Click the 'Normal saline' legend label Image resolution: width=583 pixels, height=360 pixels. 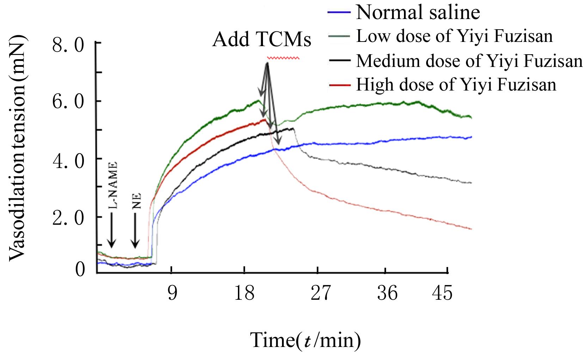pyautogui.click(x=418, y=12)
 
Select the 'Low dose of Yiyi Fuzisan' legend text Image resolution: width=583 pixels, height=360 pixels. pyautogui.click(x=454, y=36)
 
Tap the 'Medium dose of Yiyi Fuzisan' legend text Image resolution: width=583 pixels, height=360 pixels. pyautogui.click(x=469, y=61)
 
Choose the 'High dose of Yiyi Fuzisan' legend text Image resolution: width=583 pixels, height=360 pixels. pyautogui.click(x=456, y=85)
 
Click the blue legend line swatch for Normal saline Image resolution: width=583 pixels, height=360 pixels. pyautogui.click(x=339, y=12)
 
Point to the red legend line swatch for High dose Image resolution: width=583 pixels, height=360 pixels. pyautogui.click(x=339, y=85)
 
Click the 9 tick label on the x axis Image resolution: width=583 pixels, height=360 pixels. pyautogui.click(x=172, y=293)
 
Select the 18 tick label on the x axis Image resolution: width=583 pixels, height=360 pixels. pyautogui.click(x=245, y=293)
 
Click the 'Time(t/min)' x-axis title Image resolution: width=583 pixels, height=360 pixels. pyautogui.click(x=306, y=340)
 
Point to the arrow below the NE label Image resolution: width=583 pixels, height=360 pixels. pyautogui.click(x=135, y=235)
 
